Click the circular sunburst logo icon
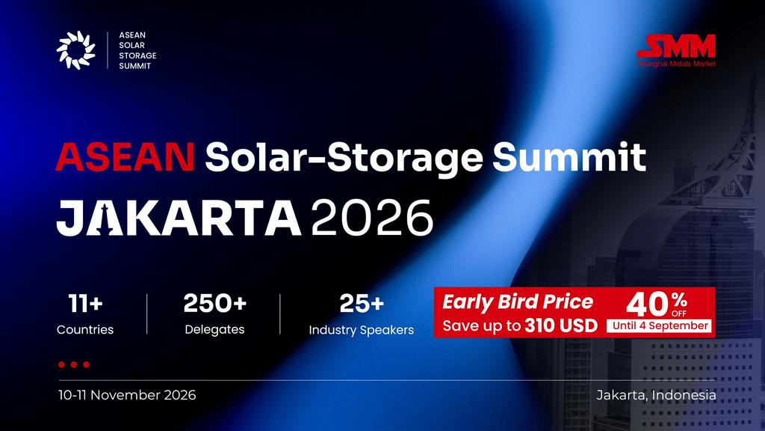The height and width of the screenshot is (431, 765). point(75,50)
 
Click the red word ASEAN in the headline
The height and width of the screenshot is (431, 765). point(126,157)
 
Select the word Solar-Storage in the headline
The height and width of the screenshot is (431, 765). point(344,158)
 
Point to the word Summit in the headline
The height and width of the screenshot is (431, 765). point(569,157)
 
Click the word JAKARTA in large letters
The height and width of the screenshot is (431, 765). point(179,218)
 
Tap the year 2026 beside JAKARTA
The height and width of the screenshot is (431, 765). point(372,218)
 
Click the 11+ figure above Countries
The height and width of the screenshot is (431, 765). point(85,304)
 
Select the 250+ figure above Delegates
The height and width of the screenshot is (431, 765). point(214,304)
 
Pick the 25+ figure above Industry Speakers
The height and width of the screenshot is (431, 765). point(362,304)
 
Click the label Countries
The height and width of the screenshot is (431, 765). point(85,330)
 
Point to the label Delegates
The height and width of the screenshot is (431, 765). point(214,330)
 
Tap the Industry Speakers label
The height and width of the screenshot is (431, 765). point(361,330)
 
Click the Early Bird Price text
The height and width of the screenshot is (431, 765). point(518,302)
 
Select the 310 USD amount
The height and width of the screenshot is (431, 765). point(561,326)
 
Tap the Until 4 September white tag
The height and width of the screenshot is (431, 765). point(660,326)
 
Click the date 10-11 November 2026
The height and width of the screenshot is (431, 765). point(127,395)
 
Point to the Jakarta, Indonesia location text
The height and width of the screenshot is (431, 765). point(656,395)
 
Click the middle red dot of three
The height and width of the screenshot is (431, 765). point(74,364)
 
